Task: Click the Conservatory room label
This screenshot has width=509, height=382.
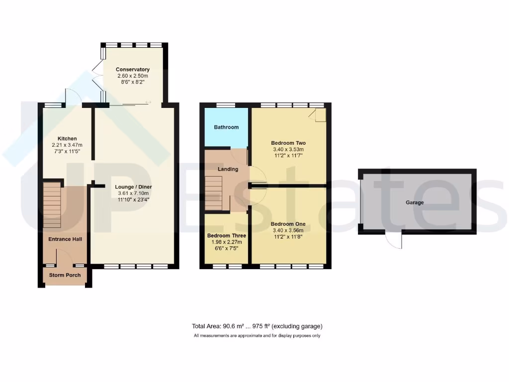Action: [x=132, y=70]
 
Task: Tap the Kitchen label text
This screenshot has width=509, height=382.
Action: [x=67, y=139]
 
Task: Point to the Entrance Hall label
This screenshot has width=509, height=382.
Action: [x=65, y=239]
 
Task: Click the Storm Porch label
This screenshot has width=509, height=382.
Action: [x=65, y=275]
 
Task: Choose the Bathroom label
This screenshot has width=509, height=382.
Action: [x=226, y=127]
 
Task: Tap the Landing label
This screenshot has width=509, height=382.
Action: [x=228, y=169]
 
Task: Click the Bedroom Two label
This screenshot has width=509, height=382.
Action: [x=288, y=142]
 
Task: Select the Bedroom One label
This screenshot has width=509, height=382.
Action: [x=288, y=224]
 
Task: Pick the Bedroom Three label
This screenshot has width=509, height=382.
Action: [x=227, y=236]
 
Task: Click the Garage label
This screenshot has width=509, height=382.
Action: [x=415, y=202]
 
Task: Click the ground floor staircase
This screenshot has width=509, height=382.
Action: [x=52, y=204]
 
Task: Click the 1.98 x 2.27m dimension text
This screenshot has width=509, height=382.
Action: [x=227, y=242]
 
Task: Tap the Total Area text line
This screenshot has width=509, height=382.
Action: [x=257, y=326]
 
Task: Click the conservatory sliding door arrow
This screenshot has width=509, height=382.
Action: [x=148, y=102]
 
